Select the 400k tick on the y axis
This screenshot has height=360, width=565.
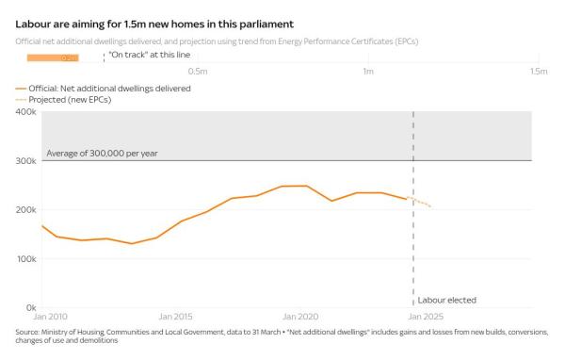(x=27, y=111)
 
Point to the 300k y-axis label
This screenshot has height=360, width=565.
(x=27, y=160)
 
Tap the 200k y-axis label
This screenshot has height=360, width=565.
(x=27, y=209)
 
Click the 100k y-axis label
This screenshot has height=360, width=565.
(x=27, y=258)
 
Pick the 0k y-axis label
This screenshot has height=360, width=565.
(x=31, y=307)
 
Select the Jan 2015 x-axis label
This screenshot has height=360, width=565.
(x=176, y=316)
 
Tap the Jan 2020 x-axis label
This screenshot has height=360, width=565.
(x=301, y=316)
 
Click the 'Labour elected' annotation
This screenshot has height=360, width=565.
(x=446, y=300)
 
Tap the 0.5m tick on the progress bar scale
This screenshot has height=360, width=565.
(x=198, y=71)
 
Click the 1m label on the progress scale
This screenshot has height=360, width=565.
(x=367, y=71)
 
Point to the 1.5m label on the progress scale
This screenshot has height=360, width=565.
(x=538, y=71)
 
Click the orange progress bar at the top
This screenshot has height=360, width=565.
(x=52, y=58)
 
